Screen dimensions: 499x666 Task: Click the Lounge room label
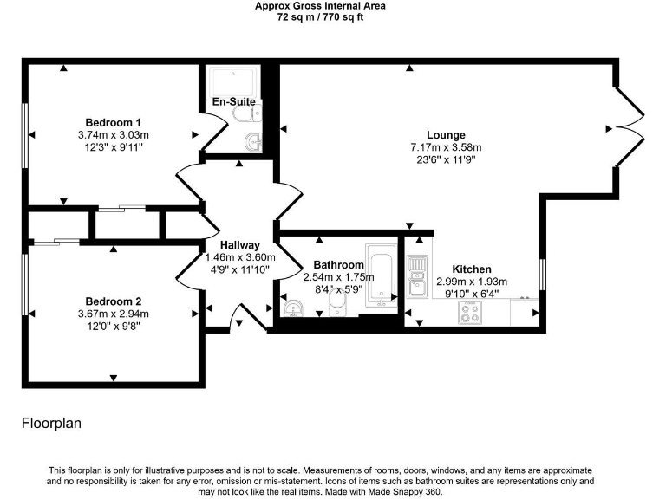tap(446, 135)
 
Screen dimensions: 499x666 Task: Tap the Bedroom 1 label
tap(113, 122)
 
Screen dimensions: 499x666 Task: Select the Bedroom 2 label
tap(113, 301)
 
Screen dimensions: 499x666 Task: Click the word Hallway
tap(239, 245)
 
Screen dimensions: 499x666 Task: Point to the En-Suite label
tap(233, 102)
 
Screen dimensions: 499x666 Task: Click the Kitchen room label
tap(471, 269)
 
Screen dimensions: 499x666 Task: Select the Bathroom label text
tap(338, 265)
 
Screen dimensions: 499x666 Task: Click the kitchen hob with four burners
tap(472, 312)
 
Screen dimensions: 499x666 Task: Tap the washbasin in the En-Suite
tap(252, 142)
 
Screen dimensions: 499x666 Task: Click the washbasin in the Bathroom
tap(292, 308)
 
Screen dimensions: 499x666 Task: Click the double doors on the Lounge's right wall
tap(630, 128)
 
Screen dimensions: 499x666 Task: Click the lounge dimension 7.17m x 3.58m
tap(446, 147)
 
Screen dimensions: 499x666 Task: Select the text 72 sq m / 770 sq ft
tap(320, 16)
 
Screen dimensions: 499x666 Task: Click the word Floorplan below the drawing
tap(50, 424)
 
